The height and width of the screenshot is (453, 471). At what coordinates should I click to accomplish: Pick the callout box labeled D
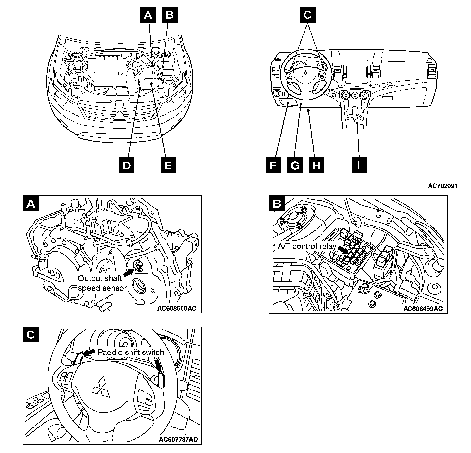click(x=126, y=165)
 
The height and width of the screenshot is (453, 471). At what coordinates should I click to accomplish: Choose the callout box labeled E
click(x=168, y=165)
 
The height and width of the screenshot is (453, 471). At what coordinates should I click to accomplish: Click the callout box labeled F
click(x=273, y=165)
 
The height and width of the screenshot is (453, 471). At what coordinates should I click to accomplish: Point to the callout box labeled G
click(x=295, y=165)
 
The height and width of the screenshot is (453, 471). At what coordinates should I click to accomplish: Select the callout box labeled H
click(x=316, y=165)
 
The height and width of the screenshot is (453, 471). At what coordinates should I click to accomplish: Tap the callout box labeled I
click(x=359, y=165)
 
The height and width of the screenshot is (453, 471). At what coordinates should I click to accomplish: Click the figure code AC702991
click(x=443, y=186)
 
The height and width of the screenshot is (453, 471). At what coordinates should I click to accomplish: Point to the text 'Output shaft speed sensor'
click(x=102, y=283)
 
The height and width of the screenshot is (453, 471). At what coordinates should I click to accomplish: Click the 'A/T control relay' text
click(x=307, y=246)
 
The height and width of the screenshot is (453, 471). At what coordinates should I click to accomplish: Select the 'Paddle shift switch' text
click(x=131, y=352)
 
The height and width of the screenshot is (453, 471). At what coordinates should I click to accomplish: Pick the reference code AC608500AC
click(x=177, y=308)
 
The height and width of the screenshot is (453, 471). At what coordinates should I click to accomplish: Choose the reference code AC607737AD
click(x=178, y=439)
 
